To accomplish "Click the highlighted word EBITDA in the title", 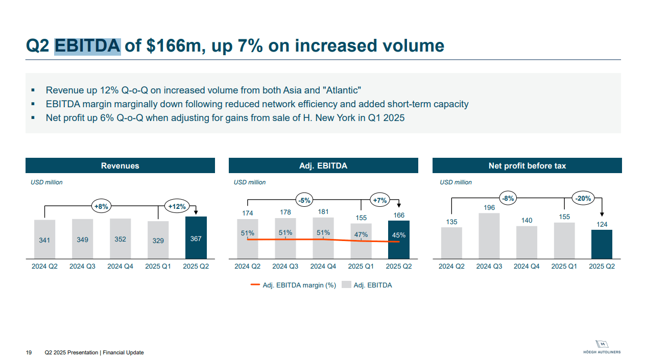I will [87, 46].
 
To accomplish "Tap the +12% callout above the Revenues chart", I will [177, 206].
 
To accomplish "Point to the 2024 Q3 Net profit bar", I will [489, 235].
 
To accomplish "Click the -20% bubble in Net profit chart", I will [583, 199].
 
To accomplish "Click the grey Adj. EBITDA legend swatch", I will [346, 285].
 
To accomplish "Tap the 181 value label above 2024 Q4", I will [323, 212].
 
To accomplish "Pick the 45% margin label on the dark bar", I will [399, 235].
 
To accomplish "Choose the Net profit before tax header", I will [527, 166].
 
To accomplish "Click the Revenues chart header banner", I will [120, 166].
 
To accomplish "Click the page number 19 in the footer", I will [29, 353].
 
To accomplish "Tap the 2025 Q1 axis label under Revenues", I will [158, 267].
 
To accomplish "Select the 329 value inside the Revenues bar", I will [158, 241].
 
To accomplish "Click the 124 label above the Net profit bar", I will [602, 224].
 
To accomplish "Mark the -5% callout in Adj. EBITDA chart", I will [304, 200].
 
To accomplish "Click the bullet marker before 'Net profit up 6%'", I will [33, 117].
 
